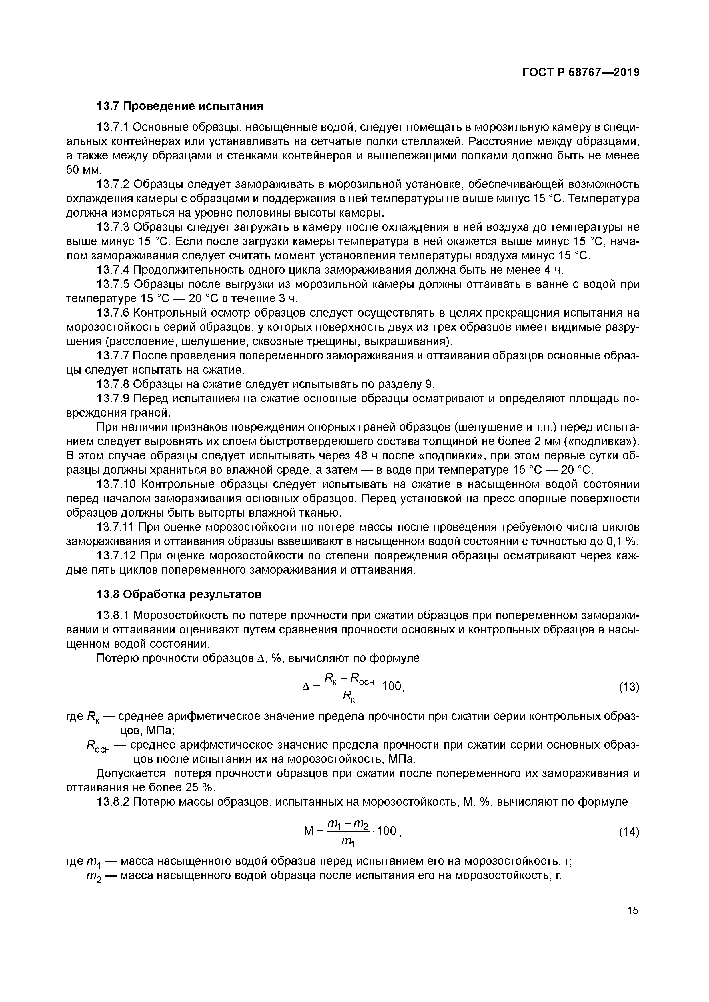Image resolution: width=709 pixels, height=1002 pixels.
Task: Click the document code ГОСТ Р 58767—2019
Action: [581, 73]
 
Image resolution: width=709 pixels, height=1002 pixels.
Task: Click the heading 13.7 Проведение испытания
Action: [180, 107]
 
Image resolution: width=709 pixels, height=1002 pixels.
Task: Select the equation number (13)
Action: [629, 687]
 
